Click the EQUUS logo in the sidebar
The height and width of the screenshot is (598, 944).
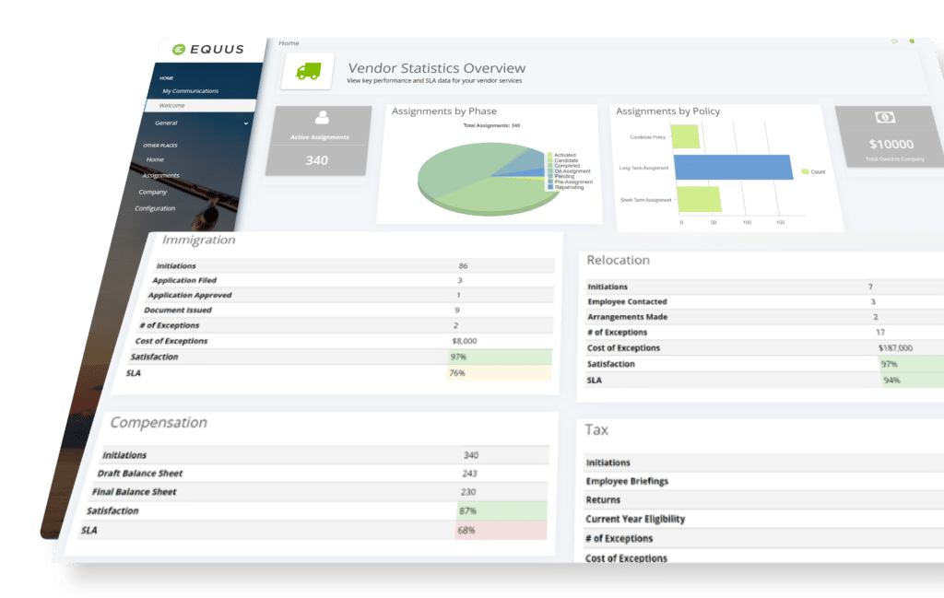(x=206, y=51)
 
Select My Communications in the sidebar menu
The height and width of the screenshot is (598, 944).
(x=190, y=91)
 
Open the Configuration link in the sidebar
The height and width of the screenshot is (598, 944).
(x=155, y=208)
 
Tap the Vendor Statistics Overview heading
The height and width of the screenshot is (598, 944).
(x=436, y=68)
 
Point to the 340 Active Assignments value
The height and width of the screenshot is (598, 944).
(x=317, y=160)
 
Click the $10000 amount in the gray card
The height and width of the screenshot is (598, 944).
(x=891, y=144)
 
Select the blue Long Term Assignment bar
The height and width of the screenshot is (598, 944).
(x=733, y=168)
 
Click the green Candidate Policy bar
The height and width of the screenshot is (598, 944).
(x=685, y=137)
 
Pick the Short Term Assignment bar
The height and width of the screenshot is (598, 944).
(x=698, y=199)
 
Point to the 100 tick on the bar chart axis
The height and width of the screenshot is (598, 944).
(x=747, y=223)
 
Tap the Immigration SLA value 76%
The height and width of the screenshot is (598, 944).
(x=457, y=373)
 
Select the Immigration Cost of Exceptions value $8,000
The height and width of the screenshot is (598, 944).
(x=464, y=341)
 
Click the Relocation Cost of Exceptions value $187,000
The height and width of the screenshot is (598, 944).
(x=895, y=348)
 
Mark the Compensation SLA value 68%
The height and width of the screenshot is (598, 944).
(x=466, y=531)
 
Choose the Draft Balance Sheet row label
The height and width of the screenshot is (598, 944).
(x=140, y=474)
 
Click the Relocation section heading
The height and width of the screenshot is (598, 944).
(x=618, y=261)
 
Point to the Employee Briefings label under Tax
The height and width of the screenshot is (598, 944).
(x=627, y=481)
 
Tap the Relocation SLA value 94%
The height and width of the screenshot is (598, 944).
(x=891, y=380)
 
